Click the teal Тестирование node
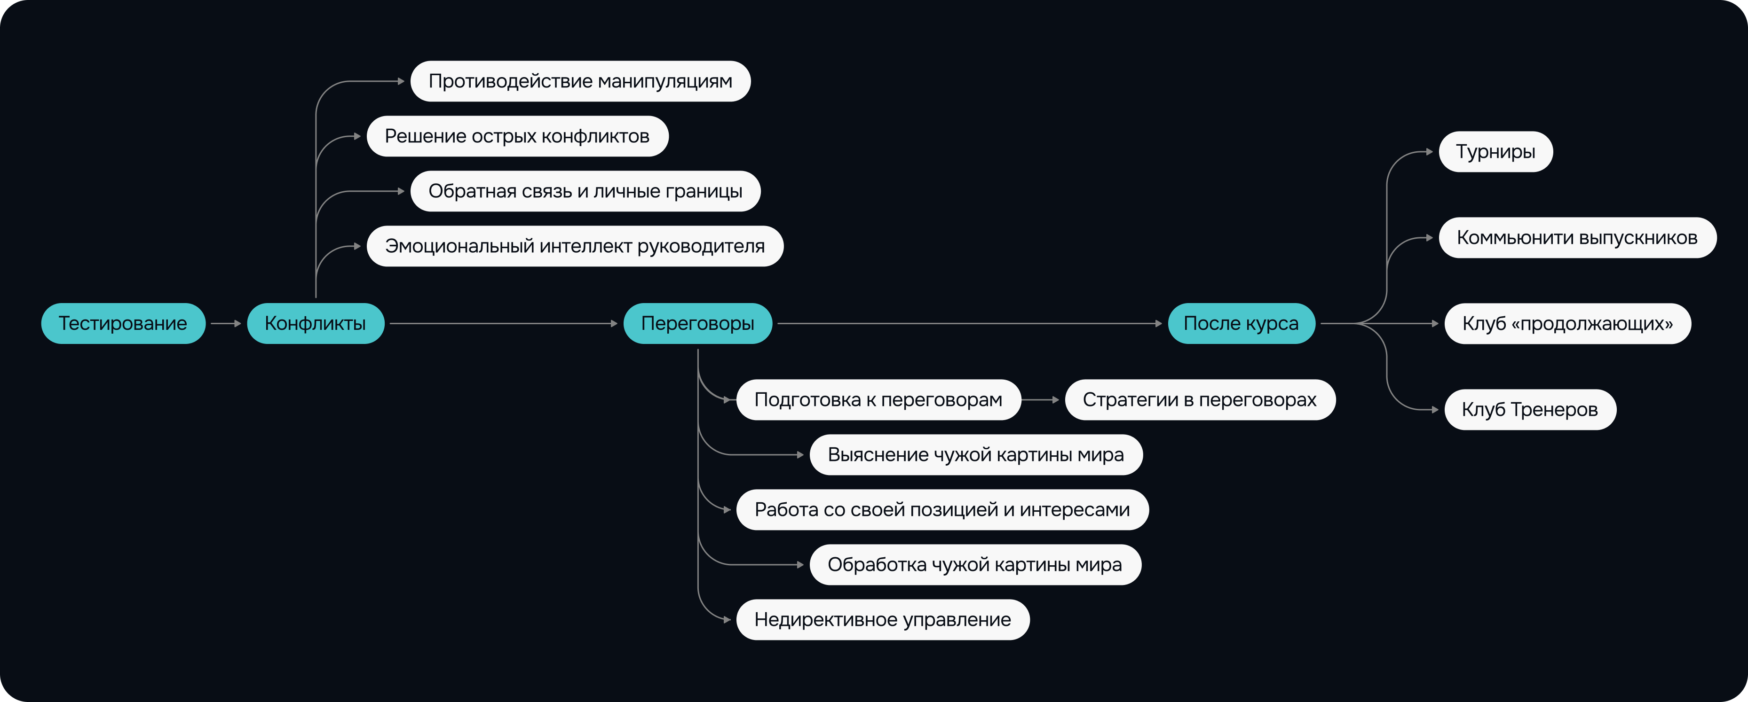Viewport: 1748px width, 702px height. [x=123, y=324]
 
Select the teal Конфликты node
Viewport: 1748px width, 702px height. [x=316, y=324]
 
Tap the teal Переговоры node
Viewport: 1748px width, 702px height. [x=697, y=324]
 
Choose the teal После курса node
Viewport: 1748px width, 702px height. [x=1241, y=324]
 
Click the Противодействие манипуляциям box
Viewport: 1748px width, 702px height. [x=580, y=81]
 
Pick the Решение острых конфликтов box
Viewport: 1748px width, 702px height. [x=517, y=136]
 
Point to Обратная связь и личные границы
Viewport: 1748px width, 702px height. [x=585, y=191]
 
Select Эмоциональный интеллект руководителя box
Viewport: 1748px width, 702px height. [x=575, y=246]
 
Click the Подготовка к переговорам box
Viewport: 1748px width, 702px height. [x=878, y=399]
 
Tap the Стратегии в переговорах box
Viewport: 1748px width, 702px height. [x=1200, y=399]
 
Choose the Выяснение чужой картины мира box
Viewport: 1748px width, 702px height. [x=976, y=454]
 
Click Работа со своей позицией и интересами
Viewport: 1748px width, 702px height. [x=942, y=509]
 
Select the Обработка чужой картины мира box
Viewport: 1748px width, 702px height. [x=974, y=564]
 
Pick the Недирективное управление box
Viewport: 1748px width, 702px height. [x=882, y=619]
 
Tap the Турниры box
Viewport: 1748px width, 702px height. [x=1495, y=152]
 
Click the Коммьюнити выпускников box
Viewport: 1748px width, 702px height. [x=1577, y=237]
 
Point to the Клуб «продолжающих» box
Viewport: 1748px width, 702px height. [x=1567, y=324]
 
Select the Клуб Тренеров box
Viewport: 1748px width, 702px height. [x=1529, y=410]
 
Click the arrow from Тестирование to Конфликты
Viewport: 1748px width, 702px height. [x=226, y=324]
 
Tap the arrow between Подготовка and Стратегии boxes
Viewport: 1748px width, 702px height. [x=1040, y=399]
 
